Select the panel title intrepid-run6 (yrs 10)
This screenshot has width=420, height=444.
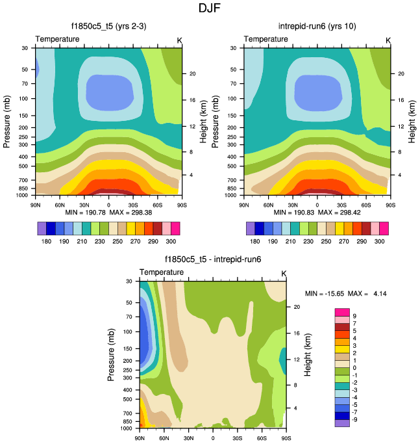316,27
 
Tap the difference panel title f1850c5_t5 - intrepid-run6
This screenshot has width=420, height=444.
212,259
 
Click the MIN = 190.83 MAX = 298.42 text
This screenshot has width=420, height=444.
316,212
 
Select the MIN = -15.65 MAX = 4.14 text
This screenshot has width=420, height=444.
346,294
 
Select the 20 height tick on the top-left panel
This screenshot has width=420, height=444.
192,73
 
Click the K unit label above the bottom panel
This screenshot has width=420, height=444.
284,272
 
